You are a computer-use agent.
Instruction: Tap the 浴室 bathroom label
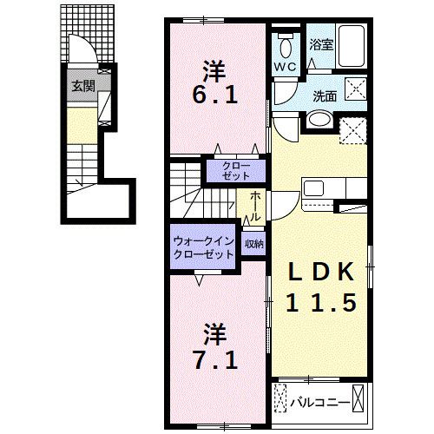pyautogui.click(x=321, y=44)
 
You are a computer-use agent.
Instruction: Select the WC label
pyautogui.click(x=286, y=67)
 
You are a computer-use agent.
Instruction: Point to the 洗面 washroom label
pyautogui.click(x=325, y=96)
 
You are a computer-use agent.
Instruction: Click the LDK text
pyautogui.click(x=322, y=273)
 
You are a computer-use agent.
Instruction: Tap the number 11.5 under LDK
pyautogui.click(x=322, y=303)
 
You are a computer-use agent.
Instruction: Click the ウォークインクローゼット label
pyautogui.click(x=202, y=247)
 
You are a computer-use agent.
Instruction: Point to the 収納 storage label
pyautogui.click(x=254, y=244)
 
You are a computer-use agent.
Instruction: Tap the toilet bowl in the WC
pyautogui.click(x=286, y=44)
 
